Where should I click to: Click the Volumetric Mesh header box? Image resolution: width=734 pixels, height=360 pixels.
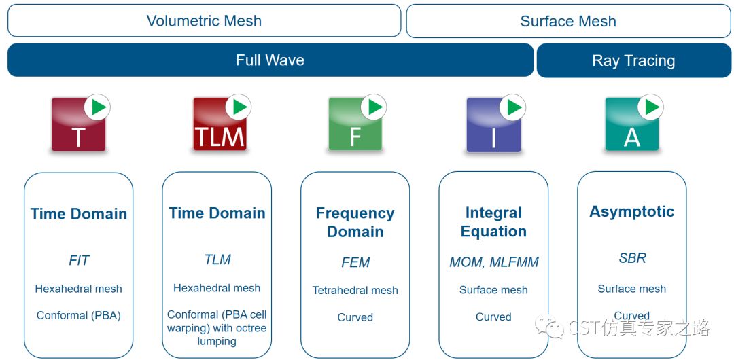(204, 20)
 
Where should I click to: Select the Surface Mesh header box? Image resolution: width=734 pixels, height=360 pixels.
(568, 20)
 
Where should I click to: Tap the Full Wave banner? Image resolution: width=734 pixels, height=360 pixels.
(270, 60)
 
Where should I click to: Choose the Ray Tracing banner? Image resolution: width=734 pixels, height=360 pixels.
(633, 60)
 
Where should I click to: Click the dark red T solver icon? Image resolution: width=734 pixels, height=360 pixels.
(79, 124)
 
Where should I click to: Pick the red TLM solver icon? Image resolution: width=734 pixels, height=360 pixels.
(220, 124)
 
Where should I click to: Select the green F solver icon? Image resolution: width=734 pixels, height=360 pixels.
(355, 124)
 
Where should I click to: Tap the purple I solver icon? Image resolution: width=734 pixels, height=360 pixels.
(494, 124)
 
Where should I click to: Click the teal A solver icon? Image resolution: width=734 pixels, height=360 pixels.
(632, 124)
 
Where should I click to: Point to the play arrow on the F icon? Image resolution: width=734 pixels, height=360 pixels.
(374, 107)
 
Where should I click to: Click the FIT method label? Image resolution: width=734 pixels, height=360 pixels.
(79, 260)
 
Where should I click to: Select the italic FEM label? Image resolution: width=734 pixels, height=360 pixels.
(355, 262)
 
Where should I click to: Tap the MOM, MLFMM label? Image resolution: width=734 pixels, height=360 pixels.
(494, 262)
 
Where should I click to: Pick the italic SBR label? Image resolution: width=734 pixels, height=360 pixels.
(633, 258)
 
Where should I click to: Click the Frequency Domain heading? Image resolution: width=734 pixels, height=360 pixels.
(355, 222)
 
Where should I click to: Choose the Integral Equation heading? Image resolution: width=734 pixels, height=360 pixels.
(493, 222)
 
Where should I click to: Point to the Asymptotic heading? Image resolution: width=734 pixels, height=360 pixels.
(632, 212)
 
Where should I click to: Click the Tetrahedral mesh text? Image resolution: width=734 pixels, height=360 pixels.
(355, 290)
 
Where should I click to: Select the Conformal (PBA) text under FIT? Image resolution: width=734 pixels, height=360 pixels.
(79, 316)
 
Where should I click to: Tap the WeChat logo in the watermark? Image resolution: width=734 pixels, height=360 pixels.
(550, 326)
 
